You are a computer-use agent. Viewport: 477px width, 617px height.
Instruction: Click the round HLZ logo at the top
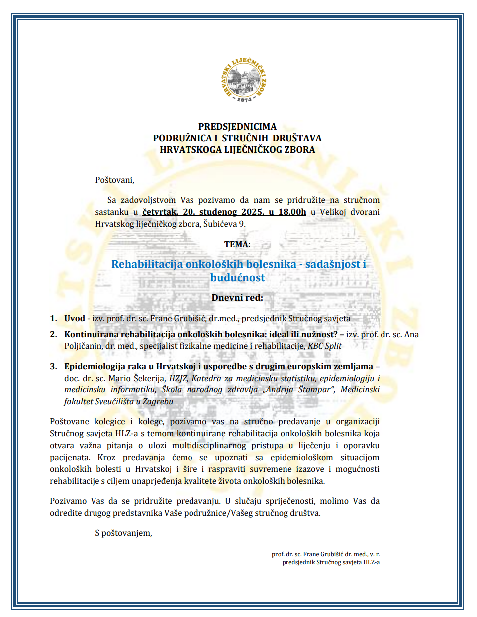coord(244,80)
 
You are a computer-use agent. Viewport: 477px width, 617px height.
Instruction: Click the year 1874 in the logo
coord(244,99)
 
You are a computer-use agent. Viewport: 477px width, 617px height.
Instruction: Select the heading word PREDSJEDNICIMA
coord(237,127)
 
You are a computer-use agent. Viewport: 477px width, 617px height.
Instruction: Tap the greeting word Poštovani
coord(114,180)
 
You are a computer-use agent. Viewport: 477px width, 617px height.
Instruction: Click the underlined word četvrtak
coord(160,212)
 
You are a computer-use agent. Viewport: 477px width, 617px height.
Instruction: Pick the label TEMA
coord(236,244)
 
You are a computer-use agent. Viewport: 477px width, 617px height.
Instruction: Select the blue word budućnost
coord(238,278)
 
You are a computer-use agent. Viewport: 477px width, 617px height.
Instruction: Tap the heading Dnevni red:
coord(237,298)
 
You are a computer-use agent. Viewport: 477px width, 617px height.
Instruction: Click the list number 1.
coord(53,319)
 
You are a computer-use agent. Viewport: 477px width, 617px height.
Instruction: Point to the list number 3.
coord(53,367)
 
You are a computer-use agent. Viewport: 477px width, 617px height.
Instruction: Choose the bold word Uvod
coord(74,319)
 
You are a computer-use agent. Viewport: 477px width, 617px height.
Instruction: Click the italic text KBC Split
coord(325,346)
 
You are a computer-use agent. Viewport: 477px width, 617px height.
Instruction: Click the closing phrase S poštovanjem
coord(123,533)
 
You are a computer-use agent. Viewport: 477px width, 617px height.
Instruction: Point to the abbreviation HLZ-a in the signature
coord(371,562)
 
